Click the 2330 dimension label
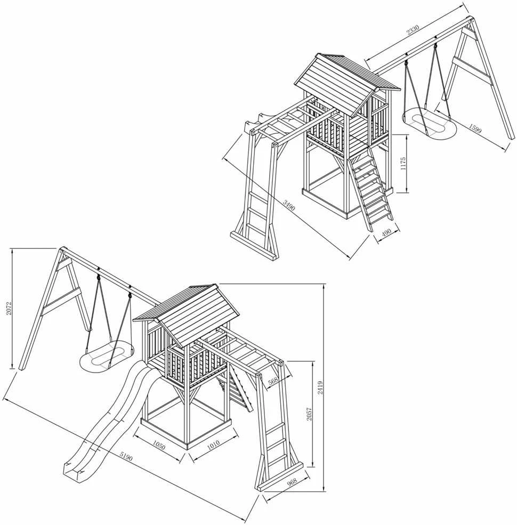[413, 30]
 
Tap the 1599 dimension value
[475, 128]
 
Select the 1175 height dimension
[403, 164]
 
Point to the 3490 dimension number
[289, 205]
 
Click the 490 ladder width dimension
[386, 233]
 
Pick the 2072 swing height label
[10, 308]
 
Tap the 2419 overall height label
[320, 387]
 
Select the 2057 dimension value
[309, 414]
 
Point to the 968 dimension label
[292, 482]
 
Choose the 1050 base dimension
[159, 445]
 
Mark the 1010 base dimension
[213, 443]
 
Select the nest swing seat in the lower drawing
[107, 358]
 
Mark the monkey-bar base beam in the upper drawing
[254, 245]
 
